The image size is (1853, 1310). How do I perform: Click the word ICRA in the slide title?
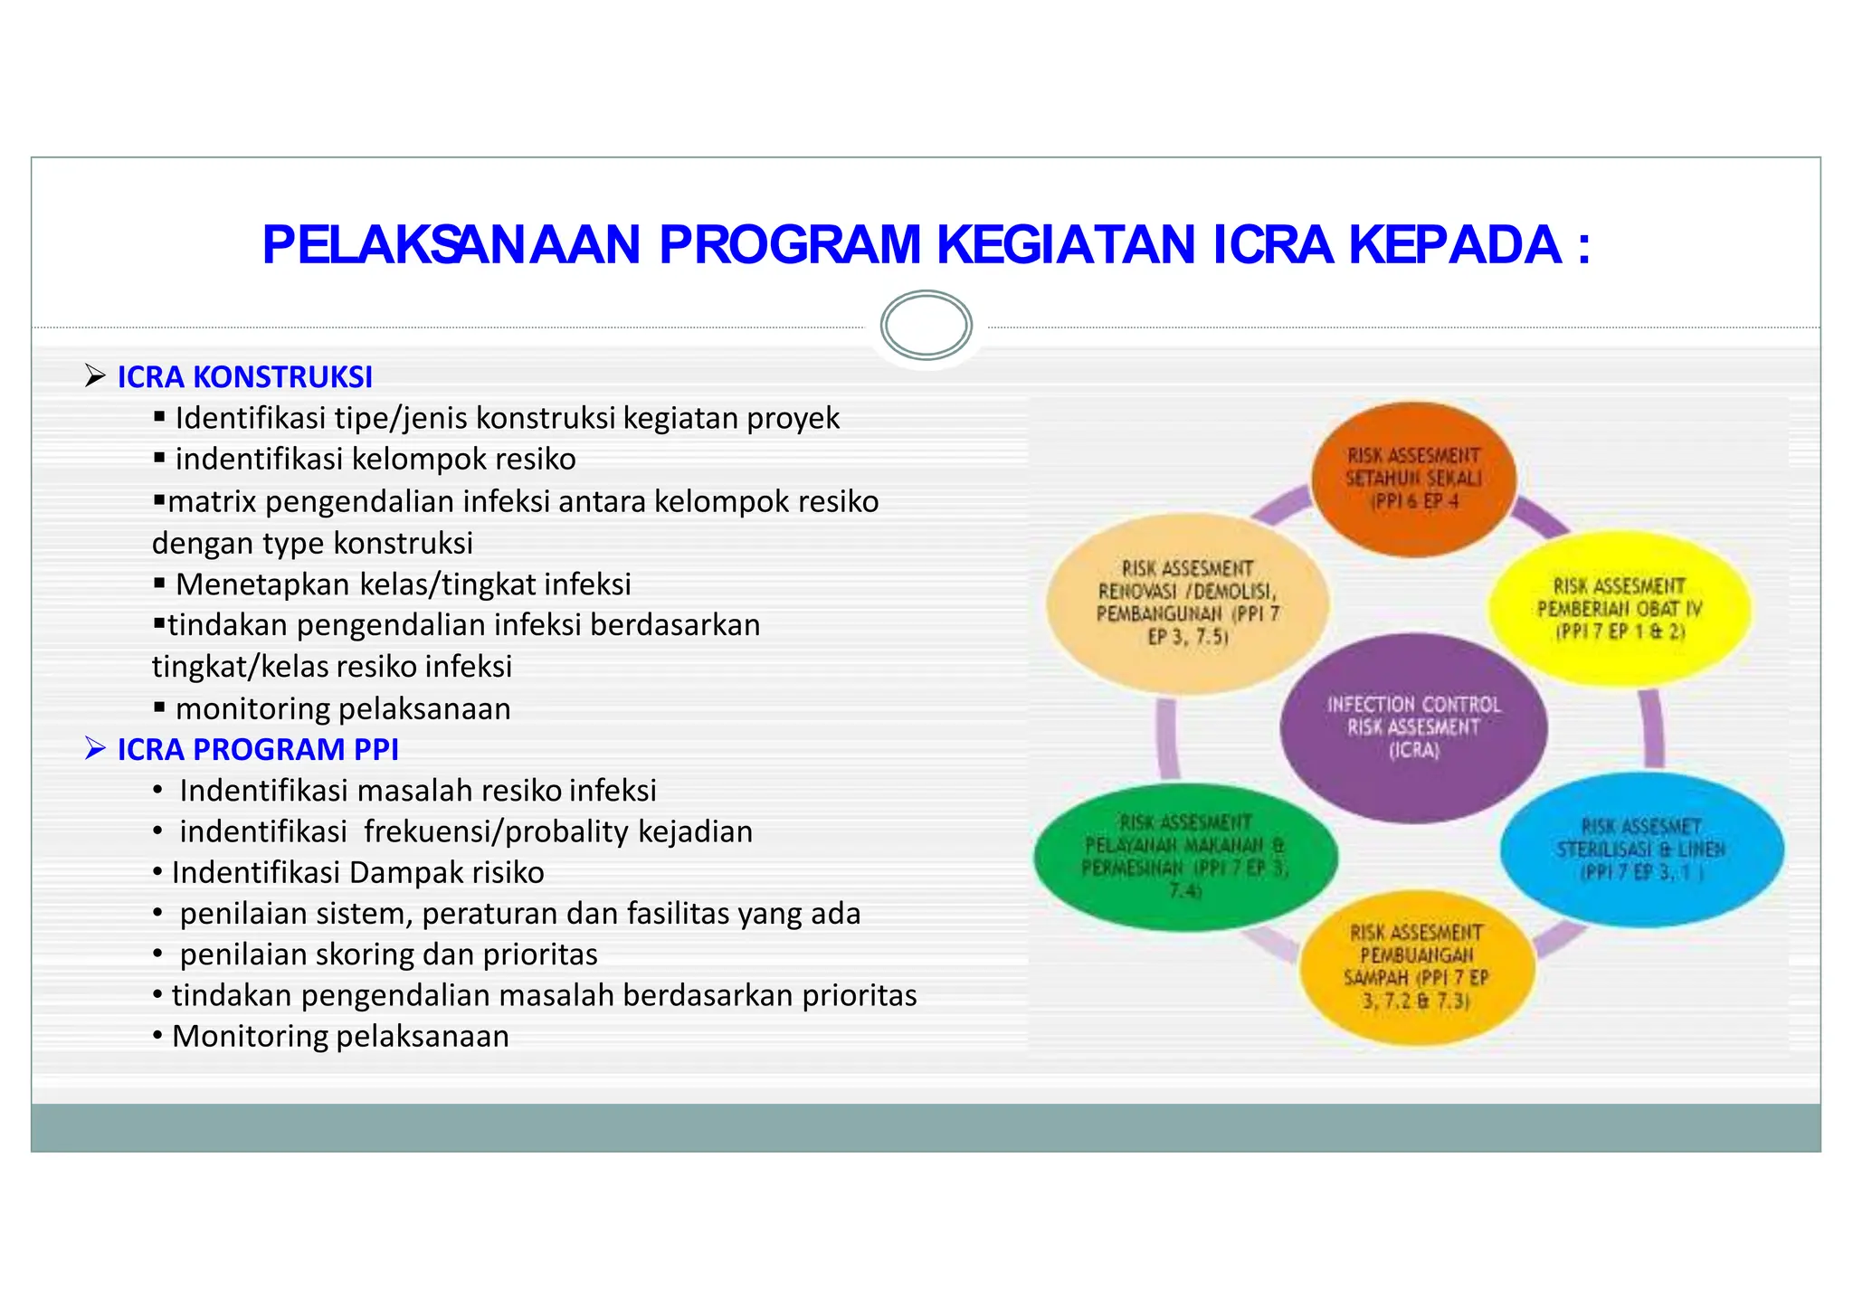pyautogui.click(x=1272, y=245)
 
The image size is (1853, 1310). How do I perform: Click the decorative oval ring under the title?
pyautogui.click(x=926, y=326)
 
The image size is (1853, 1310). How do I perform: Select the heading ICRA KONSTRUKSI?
pyautogui.click(x=244, y=377)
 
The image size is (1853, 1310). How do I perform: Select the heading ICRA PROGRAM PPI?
pyautogui.click(x=258, y=750)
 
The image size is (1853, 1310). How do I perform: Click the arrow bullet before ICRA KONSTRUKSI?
pyautogui.click(x=95, y=375)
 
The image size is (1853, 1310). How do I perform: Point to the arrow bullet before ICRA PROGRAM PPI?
pyautogui.click(x=95, y=748)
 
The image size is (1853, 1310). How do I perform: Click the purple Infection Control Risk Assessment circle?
pyautogui.click(x=1413, y=727)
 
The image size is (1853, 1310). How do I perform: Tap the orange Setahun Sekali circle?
pyautogui.click(x=1413, y=479)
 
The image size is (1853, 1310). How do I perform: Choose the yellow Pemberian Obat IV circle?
pyautogui.click(x=1620, y=608)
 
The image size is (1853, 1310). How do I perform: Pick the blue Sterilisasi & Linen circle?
pyautogui.click(x=1641, y=849)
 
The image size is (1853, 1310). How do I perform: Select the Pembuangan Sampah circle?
pyautogui.click(x=1417, y=967)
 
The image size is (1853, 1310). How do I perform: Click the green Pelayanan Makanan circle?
pyautogui.click(x=1185, y=856)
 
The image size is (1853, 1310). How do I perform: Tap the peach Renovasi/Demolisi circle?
pyautogui.click(x=1188, y=603)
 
